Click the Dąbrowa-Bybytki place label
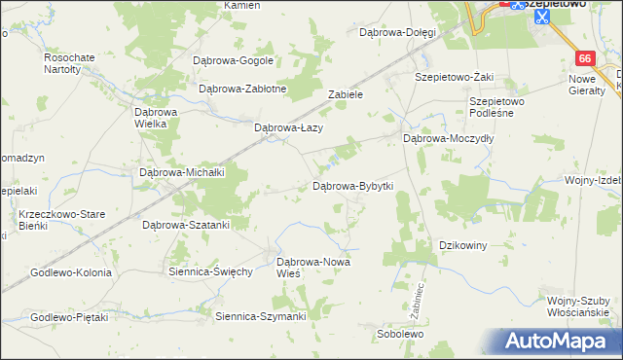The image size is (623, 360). click(352, 186)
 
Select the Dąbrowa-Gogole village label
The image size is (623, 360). click(234, 60)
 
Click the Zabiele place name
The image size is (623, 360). click(346, 95)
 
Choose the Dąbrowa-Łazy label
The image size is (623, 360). click(288, 127)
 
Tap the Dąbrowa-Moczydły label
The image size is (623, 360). click(450, 139)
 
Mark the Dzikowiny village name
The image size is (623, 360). click(463, 245)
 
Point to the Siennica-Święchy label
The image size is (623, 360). click(211, 271)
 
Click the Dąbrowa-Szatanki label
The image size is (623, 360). click(186, 225)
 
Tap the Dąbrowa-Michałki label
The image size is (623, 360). click(183, 172)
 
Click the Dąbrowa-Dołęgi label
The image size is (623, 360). click(398, 32)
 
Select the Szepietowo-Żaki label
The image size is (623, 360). click(455, 76)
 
